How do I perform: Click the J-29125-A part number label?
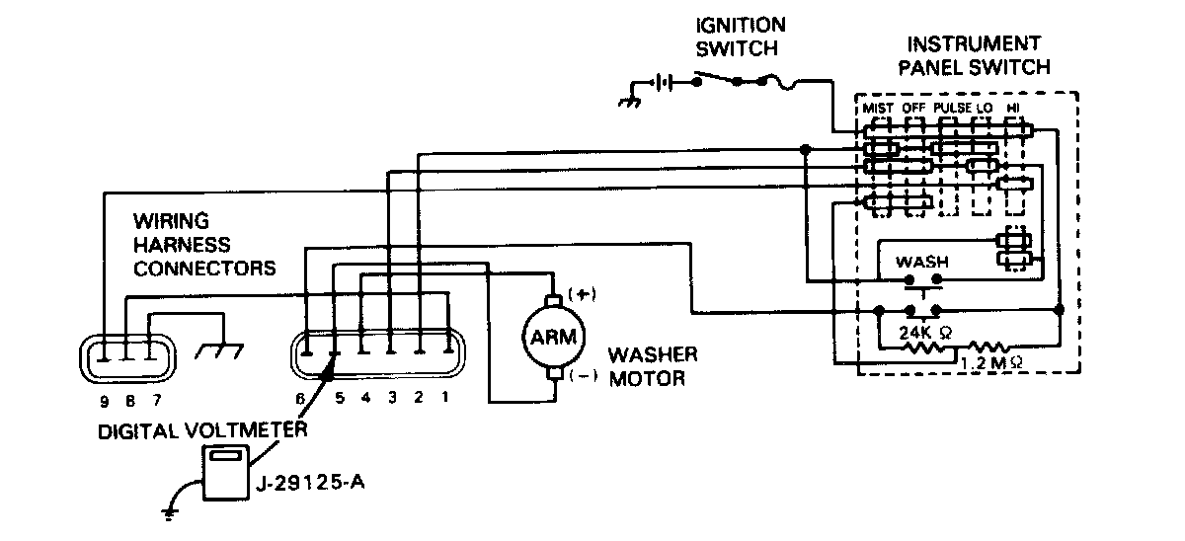[x=308, y=484]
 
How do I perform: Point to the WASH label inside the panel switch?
[x=920, y=263]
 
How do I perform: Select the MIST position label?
[x=878, y=107]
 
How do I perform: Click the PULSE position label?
[x=951, y=107]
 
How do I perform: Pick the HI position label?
[x=1012, y=107]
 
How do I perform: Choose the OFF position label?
[x=913, y=107]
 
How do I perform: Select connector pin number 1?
[x=446, y=399]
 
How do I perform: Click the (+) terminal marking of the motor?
[x=584, y=294]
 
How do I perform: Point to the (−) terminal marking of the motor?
[x=585, y=376]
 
